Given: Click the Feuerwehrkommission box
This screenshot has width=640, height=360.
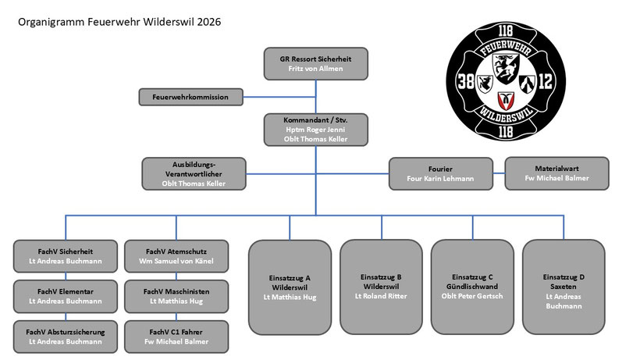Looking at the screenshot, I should click(x=190, y=98).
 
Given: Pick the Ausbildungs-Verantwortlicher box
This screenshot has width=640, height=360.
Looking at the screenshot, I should click(x=194, y=173).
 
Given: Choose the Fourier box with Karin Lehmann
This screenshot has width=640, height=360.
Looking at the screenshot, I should click(x=441, y=173).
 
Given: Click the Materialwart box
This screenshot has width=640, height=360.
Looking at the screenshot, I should click(x=557, y=173).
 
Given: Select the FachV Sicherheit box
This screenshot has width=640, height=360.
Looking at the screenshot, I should click(x=65, y=256).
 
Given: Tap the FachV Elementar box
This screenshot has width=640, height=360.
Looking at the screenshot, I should click(x=65, y=296).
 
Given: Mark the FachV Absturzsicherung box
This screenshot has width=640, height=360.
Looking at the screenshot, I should click(x=65, y=336).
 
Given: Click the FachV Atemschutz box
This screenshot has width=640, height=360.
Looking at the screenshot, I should click(x=176, y=256).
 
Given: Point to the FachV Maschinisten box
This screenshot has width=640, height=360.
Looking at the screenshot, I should click(x=176, y=296).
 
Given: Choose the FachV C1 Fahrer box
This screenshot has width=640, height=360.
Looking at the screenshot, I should click(x=176, y=336).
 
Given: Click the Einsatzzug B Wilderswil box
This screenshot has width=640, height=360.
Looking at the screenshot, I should click(x=381, y=286).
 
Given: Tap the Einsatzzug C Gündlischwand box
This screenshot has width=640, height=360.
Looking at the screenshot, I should click(x=472, y=286).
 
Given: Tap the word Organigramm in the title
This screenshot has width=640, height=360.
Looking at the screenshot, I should click(x=50, y=22).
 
